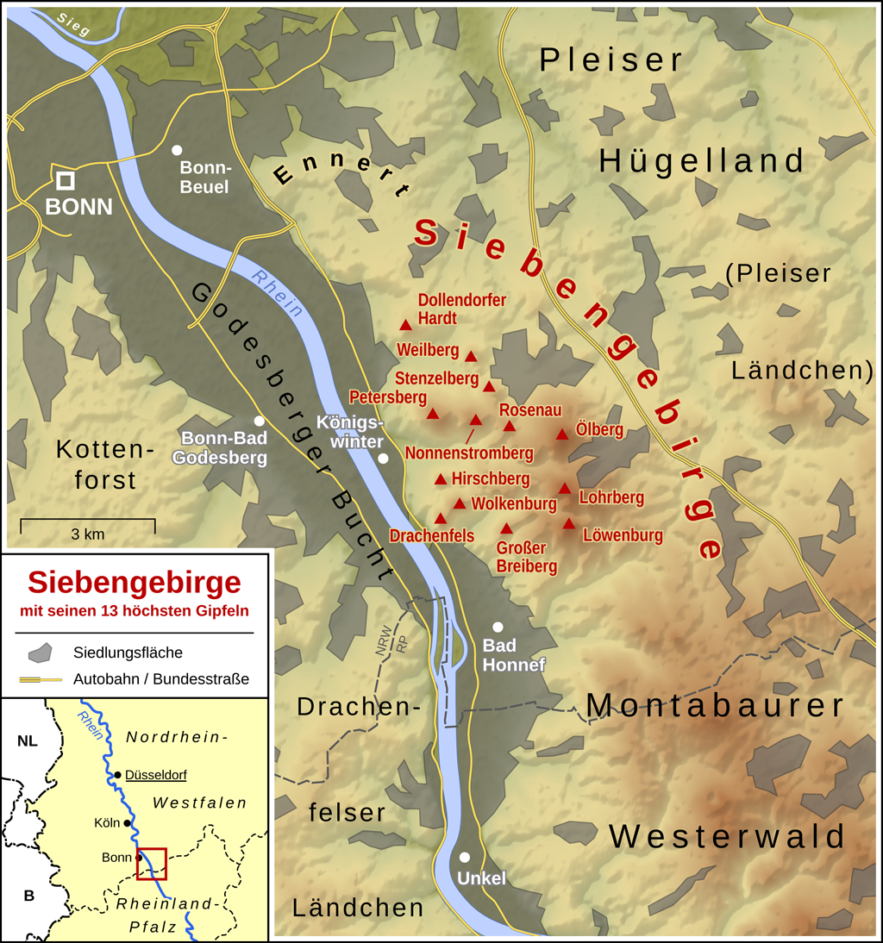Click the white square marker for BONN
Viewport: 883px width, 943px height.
coord(66,180)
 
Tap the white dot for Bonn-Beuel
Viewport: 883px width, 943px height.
coord(178,150)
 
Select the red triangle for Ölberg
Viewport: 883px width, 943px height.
coord(562,434)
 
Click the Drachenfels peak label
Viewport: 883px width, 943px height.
coord(432,536)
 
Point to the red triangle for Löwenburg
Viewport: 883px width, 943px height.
coord(569,523)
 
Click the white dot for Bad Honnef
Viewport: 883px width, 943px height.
coord(498,627)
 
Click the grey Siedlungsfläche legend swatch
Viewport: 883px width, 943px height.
coord(41,652)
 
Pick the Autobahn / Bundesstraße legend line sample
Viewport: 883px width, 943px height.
coord(41,679)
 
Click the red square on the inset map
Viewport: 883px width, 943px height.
coord(152,864)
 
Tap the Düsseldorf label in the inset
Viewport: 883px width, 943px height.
coord(155,775)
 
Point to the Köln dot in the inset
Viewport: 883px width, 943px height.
coord(128,823)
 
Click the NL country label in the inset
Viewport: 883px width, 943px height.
coord(28,741)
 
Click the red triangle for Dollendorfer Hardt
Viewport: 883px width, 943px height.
coord(406,325)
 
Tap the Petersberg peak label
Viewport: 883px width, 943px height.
coord(387,397)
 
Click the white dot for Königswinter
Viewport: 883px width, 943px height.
coord(384,459)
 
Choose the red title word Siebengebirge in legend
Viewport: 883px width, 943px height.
coord(134,583)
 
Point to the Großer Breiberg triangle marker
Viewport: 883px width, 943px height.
coord(507,528)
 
